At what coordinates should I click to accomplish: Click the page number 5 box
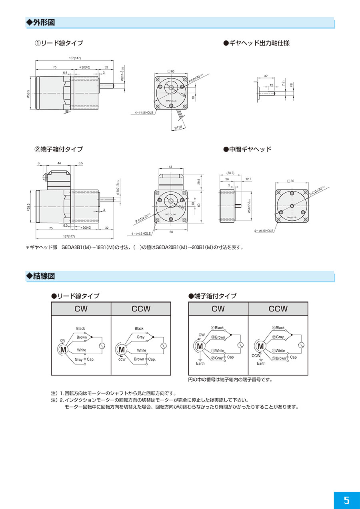(x=346, y=500)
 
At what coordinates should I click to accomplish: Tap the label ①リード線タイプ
(x=59, y=43)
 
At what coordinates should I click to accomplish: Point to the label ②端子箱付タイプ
(x=59, y=149)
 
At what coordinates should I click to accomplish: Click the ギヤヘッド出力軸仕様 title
(x=256, y=43)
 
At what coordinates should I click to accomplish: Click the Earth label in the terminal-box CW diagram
(x=200, y=363)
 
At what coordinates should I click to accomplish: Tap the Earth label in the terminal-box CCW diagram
(x=261, y=363)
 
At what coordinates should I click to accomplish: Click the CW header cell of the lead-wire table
(x=81, y=309)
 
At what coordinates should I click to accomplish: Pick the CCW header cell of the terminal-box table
(x=278, y=309)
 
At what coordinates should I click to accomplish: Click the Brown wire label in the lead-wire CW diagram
(x=82, y=337)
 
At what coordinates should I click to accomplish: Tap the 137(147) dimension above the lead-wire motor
(x=75, y=58)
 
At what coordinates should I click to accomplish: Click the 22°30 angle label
(x=178, y=128)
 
